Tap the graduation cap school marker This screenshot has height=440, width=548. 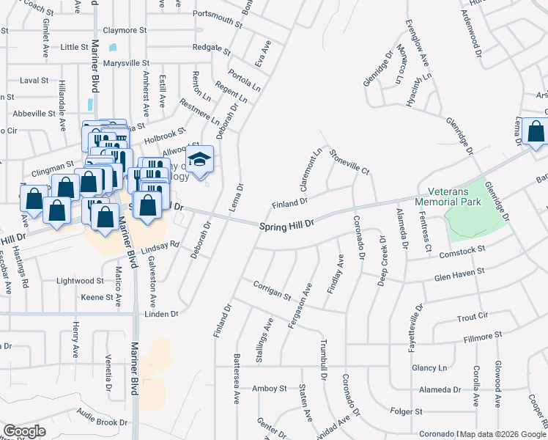click(x=199, y=159)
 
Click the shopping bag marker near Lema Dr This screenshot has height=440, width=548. click(x=536, y=133)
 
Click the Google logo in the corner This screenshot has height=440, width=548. click(x=24, y=431)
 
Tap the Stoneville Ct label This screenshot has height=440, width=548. click(x=349, y=161)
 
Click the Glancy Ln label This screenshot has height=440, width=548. click(x=429, y=367)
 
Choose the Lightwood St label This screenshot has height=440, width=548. click(x=81, y=281)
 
